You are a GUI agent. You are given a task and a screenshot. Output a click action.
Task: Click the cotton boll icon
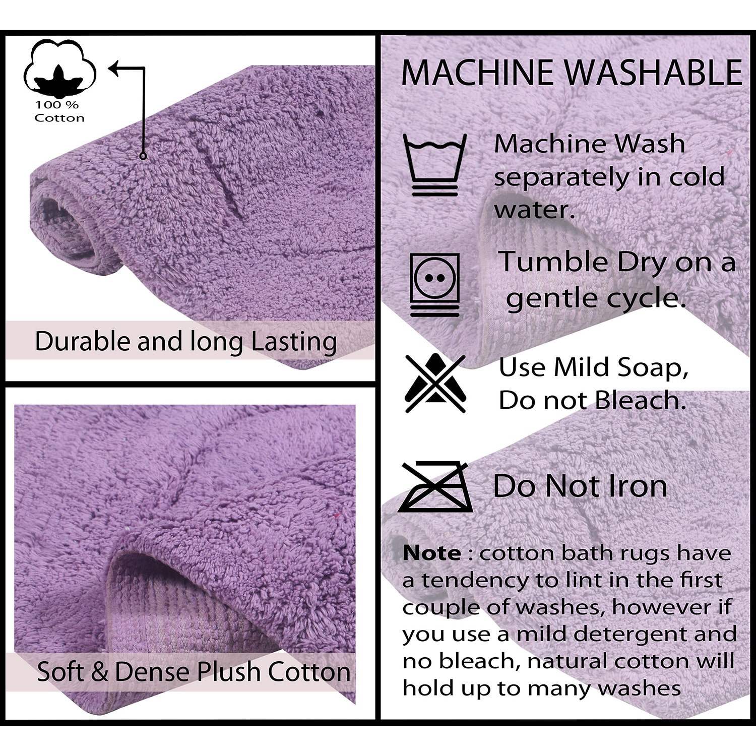(60, 69)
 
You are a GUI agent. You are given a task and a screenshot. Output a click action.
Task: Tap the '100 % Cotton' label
(59, 111)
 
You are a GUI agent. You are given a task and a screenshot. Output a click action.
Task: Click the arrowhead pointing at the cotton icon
(115, 69)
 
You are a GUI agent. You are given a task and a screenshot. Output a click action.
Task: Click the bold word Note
(431, 553)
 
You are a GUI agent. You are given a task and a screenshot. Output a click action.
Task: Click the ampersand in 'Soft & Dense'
(99, 672)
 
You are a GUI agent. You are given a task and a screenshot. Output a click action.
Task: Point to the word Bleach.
(641, 401)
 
